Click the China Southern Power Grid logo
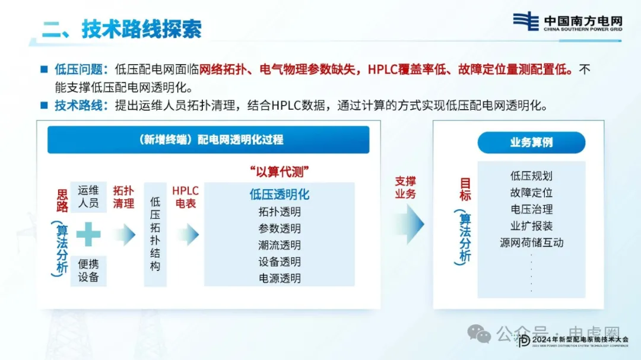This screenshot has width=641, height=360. [x=567, y=22]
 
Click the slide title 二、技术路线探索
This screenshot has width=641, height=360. [x=122, y=29]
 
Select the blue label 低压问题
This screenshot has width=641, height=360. [x=78, y=69]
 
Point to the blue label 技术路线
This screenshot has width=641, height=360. [x=78, y=106]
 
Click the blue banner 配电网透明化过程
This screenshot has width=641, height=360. [x=208, y=140]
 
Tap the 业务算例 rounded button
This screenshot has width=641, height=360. [x=531, y=142]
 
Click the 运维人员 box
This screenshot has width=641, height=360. [x=88, y=197]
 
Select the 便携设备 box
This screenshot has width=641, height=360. [x=88, y=270]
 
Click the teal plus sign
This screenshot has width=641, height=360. [x=88, y=234]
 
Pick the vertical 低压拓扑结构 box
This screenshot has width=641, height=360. [x=155, y=234]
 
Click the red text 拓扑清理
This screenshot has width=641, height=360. [x=123, y=197]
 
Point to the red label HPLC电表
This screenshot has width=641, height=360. [x=186, y=197]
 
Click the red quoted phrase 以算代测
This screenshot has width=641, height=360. [x=279, y=171]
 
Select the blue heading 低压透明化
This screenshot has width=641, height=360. [x=279, y=195]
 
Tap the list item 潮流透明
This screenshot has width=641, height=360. [x=279, y=245]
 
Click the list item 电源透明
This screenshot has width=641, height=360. [x=279, y=278]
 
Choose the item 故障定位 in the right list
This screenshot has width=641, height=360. [x=531, y=193]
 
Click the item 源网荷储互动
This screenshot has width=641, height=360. [x=531, y=243]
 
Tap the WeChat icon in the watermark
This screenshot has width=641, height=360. [x=479, y=334]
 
